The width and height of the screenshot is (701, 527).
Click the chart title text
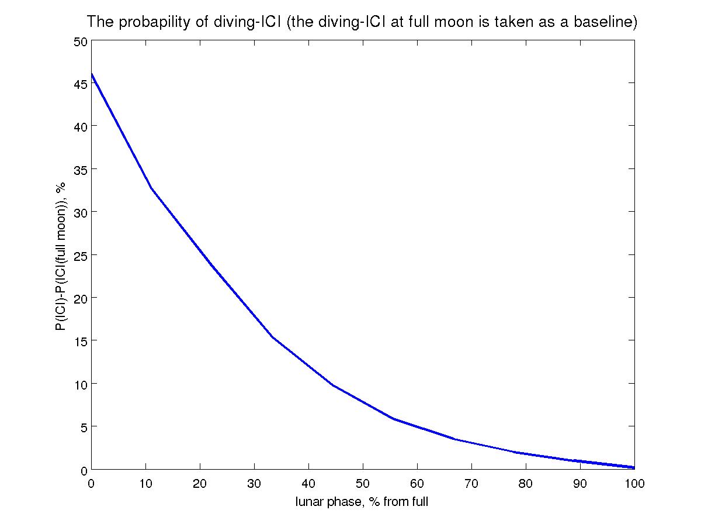pos(362,22)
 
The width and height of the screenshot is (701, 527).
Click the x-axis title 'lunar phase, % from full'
pos(362,502)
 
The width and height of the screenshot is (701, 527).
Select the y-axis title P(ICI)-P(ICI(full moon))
pos(60,256)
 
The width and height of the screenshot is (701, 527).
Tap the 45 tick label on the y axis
pos(80,84)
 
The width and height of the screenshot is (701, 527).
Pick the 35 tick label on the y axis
pos(80,170)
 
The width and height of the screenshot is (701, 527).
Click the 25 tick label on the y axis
pos(80,256)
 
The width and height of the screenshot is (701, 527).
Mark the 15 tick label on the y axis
pos(80,341)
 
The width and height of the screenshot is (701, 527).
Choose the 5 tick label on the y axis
pos(84,427)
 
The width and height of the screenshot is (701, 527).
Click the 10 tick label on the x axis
pos(146,483)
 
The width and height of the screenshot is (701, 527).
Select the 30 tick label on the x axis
pos(255,483)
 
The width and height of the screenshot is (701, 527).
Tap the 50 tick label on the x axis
pos(363,483)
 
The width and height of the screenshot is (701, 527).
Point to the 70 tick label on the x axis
pos(471,483)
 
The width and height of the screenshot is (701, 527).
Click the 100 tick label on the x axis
pos(634,483)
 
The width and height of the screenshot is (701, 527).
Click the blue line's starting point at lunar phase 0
pos(92,74)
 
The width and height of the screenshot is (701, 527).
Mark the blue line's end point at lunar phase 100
pos(634,467)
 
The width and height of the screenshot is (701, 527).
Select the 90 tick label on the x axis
pos(580,483)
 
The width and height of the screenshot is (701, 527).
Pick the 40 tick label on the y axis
pos(80,127)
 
